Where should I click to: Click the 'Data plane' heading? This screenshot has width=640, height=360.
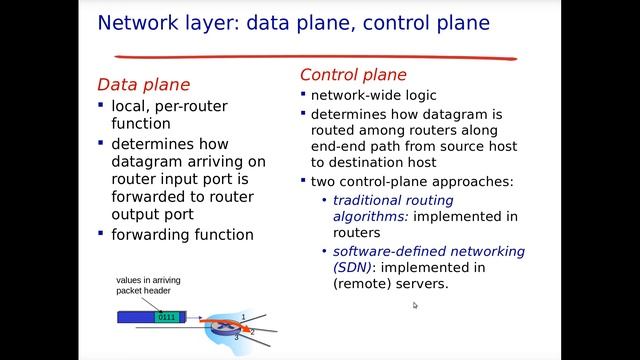pyautogui.click(x=143, y=85)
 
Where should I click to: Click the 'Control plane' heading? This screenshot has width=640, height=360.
pyautogui.click(x=353, y=75)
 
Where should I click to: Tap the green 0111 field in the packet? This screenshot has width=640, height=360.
pyautogui.click(x=167, y=317)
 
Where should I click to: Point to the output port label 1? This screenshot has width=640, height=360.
pyautogui.click(x=242, y=317)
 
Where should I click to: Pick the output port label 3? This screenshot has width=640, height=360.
pyautogui.click(x=236, y=338)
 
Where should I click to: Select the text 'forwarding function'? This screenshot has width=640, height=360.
pyautogui.click(x=183, y=234)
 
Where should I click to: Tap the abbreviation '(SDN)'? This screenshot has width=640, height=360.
pyautogui.click(x=353, y=267)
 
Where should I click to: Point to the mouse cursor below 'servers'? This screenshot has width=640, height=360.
pyautogui.click(x=415, y=305)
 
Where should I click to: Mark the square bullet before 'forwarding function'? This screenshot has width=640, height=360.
pyautogui.click(x=101, y=233)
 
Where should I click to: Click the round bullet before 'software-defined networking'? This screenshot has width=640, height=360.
pyautogui.click(x=324, y=251)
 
